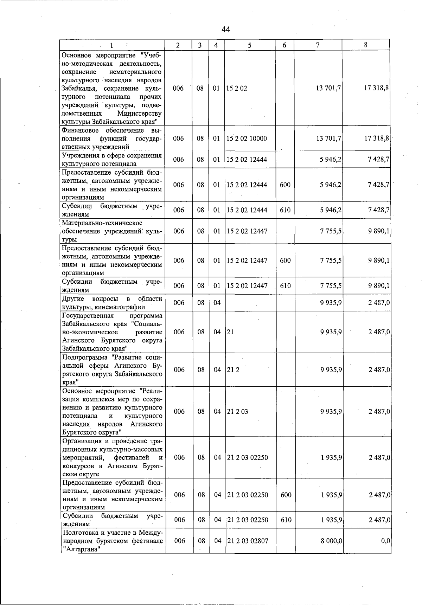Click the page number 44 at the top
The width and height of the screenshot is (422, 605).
pyautogui.click(x=226, y=30)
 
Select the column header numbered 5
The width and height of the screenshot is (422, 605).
pyautogui.click(x=249, y=45)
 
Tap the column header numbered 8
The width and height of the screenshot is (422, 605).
pyautogui.click(x=366, y=45)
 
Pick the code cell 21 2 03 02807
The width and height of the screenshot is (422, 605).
pyautogui.click(x=248, y=541)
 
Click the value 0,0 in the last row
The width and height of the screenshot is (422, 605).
pyautogui.click(x=385, y=541)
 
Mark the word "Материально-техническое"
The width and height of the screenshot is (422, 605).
pyautogui.click(x=102, y=223)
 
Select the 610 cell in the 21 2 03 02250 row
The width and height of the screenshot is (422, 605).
pyautogui.click(x=286, y=520)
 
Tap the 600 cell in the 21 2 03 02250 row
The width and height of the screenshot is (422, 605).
pyautogui.click(x=286, y=495)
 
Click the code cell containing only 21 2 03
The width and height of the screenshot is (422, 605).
pyautogui.click(x=238, y=411)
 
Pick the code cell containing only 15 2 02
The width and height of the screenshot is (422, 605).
pyautogui.click(x=237, y=88)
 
